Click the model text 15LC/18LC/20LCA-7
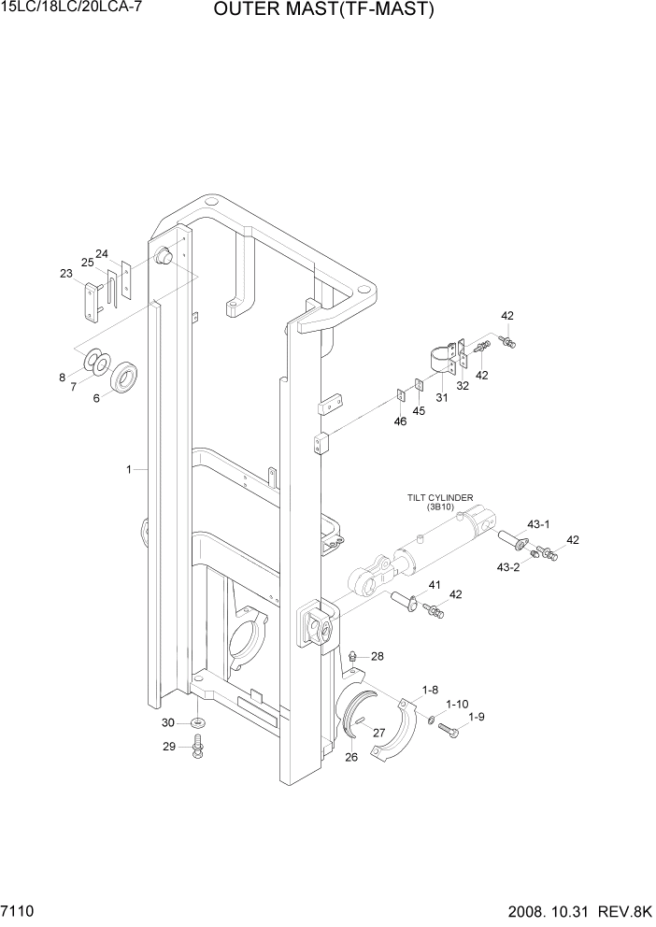coord(64,8)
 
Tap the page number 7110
coord(21,908)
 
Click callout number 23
coord(65,273)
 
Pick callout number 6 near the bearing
coord(95,397)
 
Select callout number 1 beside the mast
coord(129,469)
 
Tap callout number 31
coord(442,397)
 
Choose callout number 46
coord(399,422)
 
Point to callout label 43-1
coord(540,523)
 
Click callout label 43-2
coord(509,567)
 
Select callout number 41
coord(434,585)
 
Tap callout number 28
coord(377,656)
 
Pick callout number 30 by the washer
coord(168,722)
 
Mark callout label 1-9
coord(476,717)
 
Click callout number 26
coord(351,757)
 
